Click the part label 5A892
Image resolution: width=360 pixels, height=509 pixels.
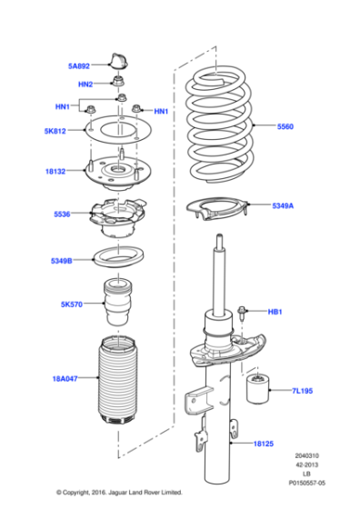(x=79, y=65)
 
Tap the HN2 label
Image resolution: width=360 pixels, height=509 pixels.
(x=85, y=85)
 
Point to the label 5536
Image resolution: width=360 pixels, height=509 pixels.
(x=64, y=215)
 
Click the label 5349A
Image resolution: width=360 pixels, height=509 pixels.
(x=283, y=206)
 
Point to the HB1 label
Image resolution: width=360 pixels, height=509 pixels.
(x=275, y=313)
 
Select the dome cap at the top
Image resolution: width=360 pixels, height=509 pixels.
(x=116, y=61)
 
